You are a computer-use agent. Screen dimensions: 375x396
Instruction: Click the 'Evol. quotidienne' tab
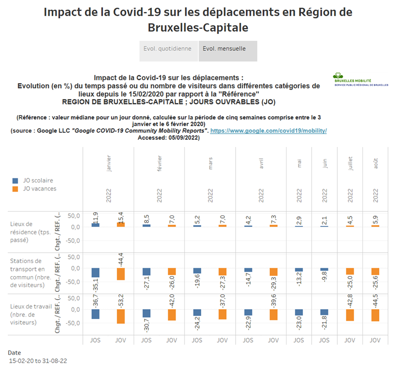coord(168,49)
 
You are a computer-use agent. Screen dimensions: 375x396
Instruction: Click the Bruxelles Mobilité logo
coord(360,79)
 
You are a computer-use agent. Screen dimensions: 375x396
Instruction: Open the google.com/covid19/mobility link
coord(268,130)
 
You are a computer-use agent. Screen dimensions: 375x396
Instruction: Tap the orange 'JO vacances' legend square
coord(15,189)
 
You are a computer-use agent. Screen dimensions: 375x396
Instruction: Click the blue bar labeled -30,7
coord(147,314)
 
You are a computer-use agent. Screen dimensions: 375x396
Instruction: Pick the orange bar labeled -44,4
coord(120,274)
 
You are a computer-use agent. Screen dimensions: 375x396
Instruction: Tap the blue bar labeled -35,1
coord(95,272)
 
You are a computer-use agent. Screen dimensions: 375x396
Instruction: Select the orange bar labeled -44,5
coord(376,315)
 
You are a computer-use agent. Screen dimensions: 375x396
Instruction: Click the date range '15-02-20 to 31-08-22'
coord(38,361)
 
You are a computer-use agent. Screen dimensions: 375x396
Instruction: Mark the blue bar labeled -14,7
coord(248,270)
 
